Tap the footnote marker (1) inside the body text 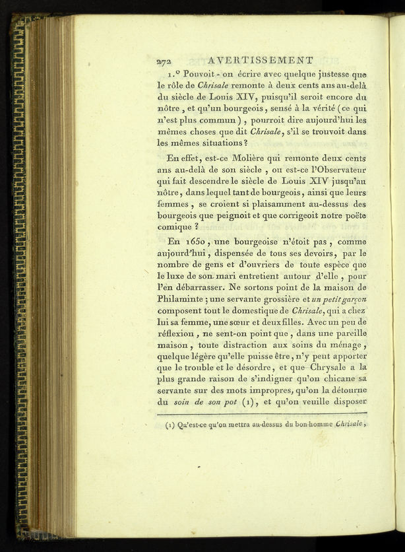click(x=248, y=401)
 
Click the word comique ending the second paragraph click(x=176, y=226)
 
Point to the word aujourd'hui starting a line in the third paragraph click(x=181, y=254)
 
